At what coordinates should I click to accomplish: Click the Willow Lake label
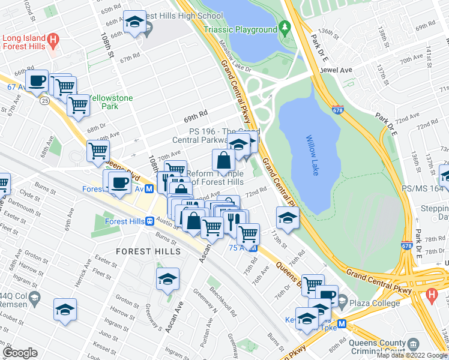tap(310, 155)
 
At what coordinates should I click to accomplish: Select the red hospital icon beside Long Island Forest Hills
tap(53, 41)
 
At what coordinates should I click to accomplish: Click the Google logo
tap(20, 353)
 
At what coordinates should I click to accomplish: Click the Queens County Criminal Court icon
tap(413, 344)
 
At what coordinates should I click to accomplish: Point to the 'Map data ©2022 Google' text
tap(411, 355)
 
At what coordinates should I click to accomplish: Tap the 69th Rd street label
tap(196, 113)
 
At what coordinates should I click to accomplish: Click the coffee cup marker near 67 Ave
tap(37, 80)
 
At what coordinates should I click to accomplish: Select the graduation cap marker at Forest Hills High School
tap(134, 23)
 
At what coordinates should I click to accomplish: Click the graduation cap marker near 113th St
tap(288, 217)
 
